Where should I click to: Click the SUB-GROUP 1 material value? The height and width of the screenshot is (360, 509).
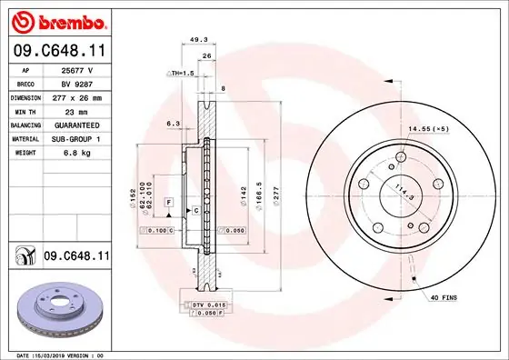pyautogui.click(x=76, y=138)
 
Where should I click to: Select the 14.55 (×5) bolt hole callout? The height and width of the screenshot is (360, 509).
pyautogui.click(x=442, y=129)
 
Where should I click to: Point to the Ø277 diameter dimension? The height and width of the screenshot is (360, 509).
pyautogui.click(x=274, y=195)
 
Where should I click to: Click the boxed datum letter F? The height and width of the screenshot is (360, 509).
pyautogui.click(x=168, y=200)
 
